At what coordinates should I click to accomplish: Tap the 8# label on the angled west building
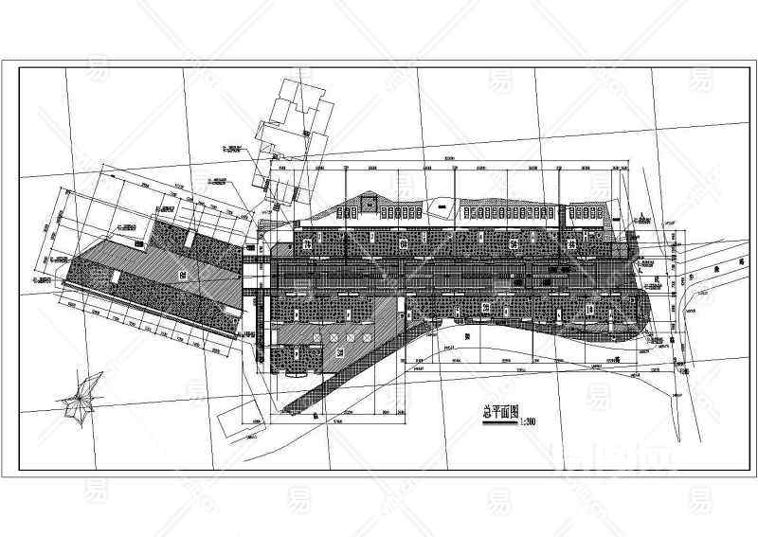point(180,275)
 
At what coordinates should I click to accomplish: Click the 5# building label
point(513,245)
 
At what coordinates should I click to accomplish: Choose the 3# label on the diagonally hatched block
point(338,352)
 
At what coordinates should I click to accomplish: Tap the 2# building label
point(485,308)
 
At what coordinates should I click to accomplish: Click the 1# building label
point(589,309)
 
